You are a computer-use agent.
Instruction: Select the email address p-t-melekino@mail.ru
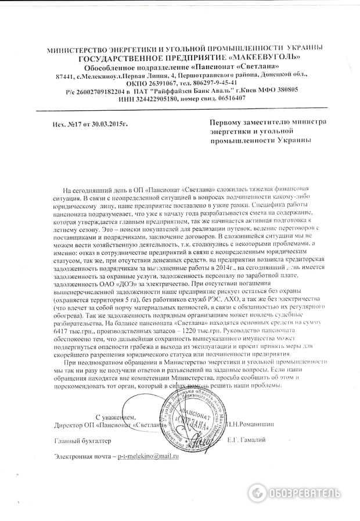[x=147, y=456]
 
